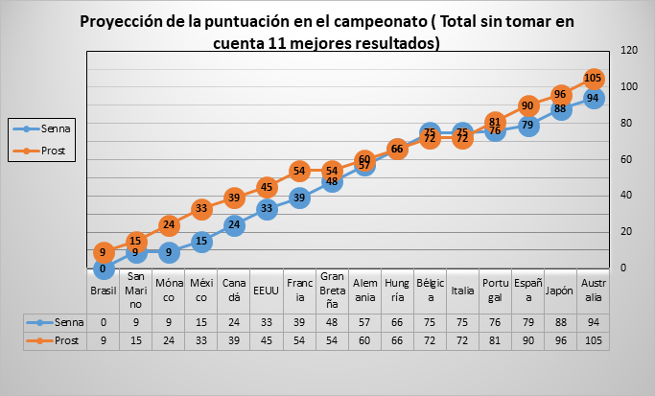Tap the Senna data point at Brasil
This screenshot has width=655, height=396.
coord(103,268)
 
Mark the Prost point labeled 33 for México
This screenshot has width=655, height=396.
coord(201,208)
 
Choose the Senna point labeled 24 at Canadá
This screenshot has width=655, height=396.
coord(233,224)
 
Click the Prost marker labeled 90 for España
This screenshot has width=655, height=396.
coord(527,105)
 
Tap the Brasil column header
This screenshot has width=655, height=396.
coord(103,291)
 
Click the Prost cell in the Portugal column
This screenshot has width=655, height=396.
coord(495,340)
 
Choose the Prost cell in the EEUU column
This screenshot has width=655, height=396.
coord(266,340)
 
